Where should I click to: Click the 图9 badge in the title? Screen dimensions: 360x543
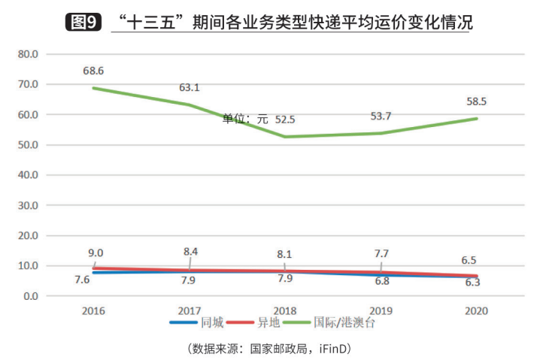83,22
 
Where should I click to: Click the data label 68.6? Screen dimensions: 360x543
93,71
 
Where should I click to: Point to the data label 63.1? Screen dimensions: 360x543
190,87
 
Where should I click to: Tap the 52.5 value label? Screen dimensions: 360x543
285,119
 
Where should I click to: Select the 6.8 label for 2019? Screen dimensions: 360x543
381,281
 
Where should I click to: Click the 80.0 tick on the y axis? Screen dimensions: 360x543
27,54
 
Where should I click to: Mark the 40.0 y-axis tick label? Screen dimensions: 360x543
27,175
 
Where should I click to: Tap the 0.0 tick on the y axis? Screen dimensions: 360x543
30,296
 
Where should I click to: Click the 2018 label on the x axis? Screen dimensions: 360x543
285,310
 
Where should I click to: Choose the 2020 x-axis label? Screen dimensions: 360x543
476,310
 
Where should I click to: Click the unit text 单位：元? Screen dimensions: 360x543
245,119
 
